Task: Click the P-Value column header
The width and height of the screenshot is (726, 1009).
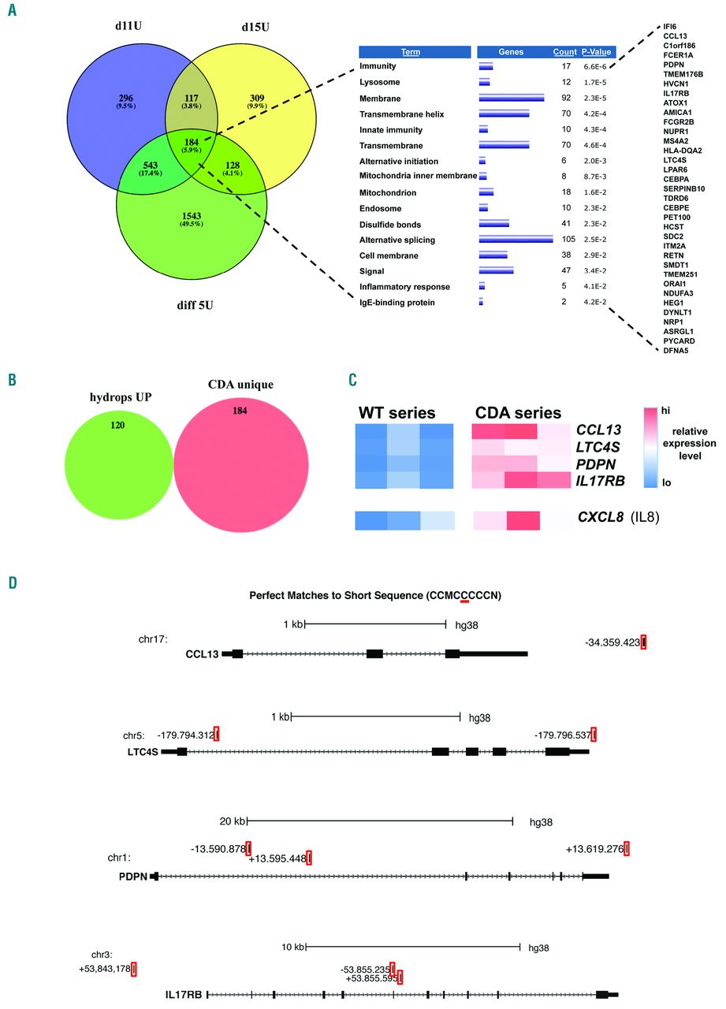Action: click(596, 51)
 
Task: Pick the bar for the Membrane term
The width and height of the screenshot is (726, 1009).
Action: click(512, 99)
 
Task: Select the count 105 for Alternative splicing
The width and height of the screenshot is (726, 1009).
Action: click(564, 240)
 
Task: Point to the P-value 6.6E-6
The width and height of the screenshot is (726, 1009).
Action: click(596, 67)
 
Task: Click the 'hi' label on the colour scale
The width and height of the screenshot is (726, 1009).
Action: click(665, 411)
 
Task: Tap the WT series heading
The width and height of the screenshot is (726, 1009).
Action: click(397, 412)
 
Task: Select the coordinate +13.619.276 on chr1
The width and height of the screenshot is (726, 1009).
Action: click(594, 849)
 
